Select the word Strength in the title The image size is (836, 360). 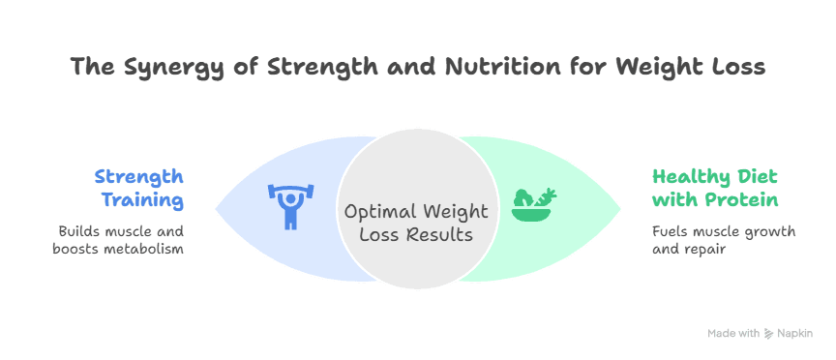coord(323,68)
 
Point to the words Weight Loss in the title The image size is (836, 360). coord(689,68)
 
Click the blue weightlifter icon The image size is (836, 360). coord(290,207)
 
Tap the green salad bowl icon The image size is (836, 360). coord(534,204)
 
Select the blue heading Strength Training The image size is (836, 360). coord(139,189)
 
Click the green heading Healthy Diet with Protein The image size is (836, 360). coord(715,189)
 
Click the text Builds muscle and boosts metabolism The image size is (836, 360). coord(118,240)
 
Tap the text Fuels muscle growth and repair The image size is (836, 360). coord(724,241)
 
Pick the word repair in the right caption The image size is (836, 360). coord(694,250)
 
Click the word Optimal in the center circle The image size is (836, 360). coord(375,212)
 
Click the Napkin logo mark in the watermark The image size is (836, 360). coord(768,334)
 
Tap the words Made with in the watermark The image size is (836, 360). coord(733,333)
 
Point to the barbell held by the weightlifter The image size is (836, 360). coord(290,190)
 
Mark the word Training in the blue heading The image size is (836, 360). coord(143,200)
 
